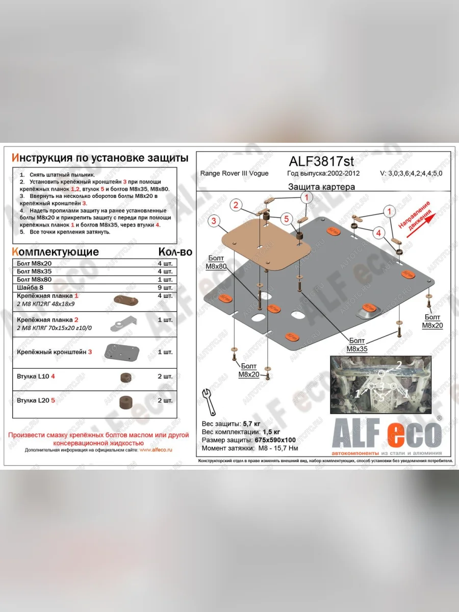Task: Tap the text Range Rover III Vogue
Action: [234, 173]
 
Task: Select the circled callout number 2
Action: [236, 206]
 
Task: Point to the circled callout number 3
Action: [215, 220]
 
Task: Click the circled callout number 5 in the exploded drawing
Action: [287, 219]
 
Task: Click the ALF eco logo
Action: [386, 434]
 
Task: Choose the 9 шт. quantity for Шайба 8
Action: [165, 288]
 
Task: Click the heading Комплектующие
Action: [55, 252]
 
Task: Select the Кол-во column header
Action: [175, 252]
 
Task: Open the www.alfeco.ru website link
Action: [156, 450]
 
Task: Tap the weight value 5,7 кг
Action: [252, 424]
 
